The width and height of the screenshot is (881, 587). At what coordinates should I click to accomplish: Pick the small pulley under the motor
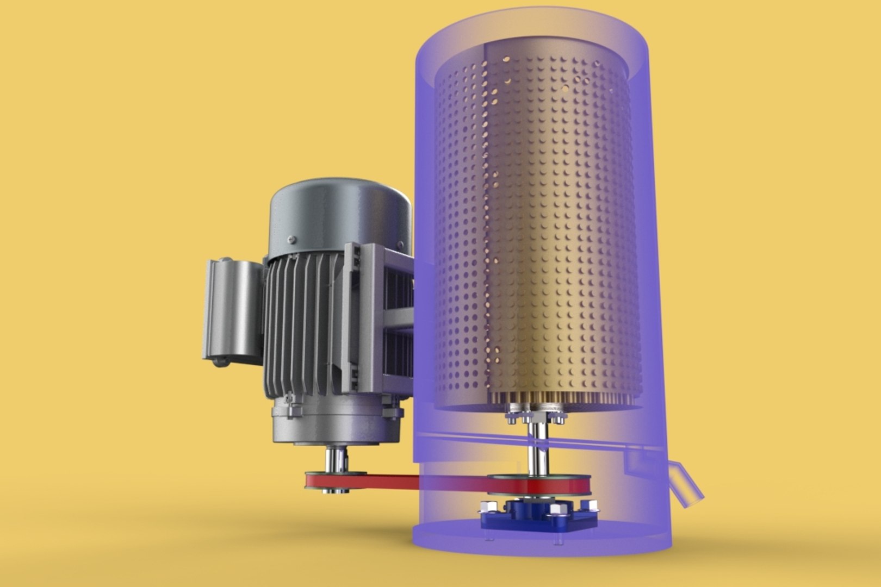326,481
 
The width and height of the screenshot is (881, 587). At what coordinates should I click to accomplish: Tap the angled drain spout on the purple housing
686,481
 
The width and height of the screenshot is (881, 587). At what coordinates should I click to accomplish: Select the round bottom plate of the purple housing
538,538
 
